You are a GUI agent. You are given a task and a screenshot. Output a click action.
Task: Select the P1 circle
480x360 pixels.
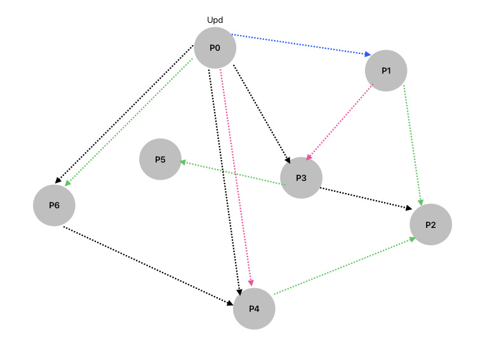386,70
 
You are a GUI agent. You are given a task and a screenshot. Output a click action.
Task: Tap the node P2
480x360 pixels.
430,224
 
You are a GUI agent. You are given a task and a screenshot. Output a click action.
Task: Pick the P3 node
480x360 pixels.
302,177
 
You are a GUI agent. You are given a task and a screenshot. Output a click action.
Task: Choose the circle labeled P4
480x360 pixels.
254,309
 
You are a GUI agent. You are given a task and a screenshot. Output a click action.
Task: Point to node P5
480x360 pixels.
160,159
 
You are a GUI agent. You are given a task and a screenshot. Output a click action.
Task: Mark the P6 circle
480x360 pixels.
55,205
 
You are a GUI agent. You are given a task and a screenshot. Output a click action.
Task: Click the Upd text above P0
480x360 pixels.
215,20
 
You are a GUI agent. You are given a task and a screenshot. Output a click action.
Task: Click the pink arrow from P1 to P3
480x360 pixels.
338,121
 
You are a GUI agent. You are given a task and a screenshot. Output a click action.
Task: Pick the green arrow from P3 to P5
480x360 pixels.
232,173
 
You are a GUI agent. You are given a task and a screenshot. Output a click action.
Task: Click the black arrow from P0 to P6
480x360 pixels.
123,114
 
